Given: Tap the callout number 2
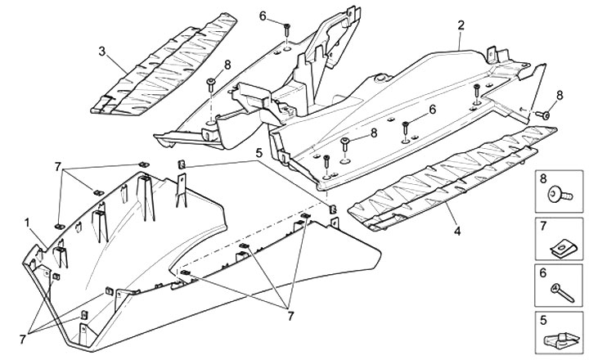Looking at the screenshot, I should click(x=461, y=25).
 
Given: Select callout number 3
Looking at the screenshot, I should click(x=102, y=52).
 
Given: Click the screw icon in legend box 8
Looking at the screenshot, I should click(x=563, y=196).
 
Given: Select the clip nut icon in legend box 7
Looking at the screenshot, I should click(x=562, y=243).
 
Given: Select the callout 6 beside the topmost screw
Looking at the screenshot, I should click(x=263, y=16).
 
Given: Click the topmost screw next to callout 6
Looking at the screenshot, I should click(x=288, y=29).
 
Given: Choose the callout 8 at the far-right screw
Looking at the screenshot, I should click(x=560, y=96).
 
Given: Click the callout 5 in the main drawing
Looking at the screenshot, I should click(x=258, y=151).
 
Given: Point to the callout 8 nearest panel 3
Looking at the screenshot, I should click(x=227, y=63).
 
